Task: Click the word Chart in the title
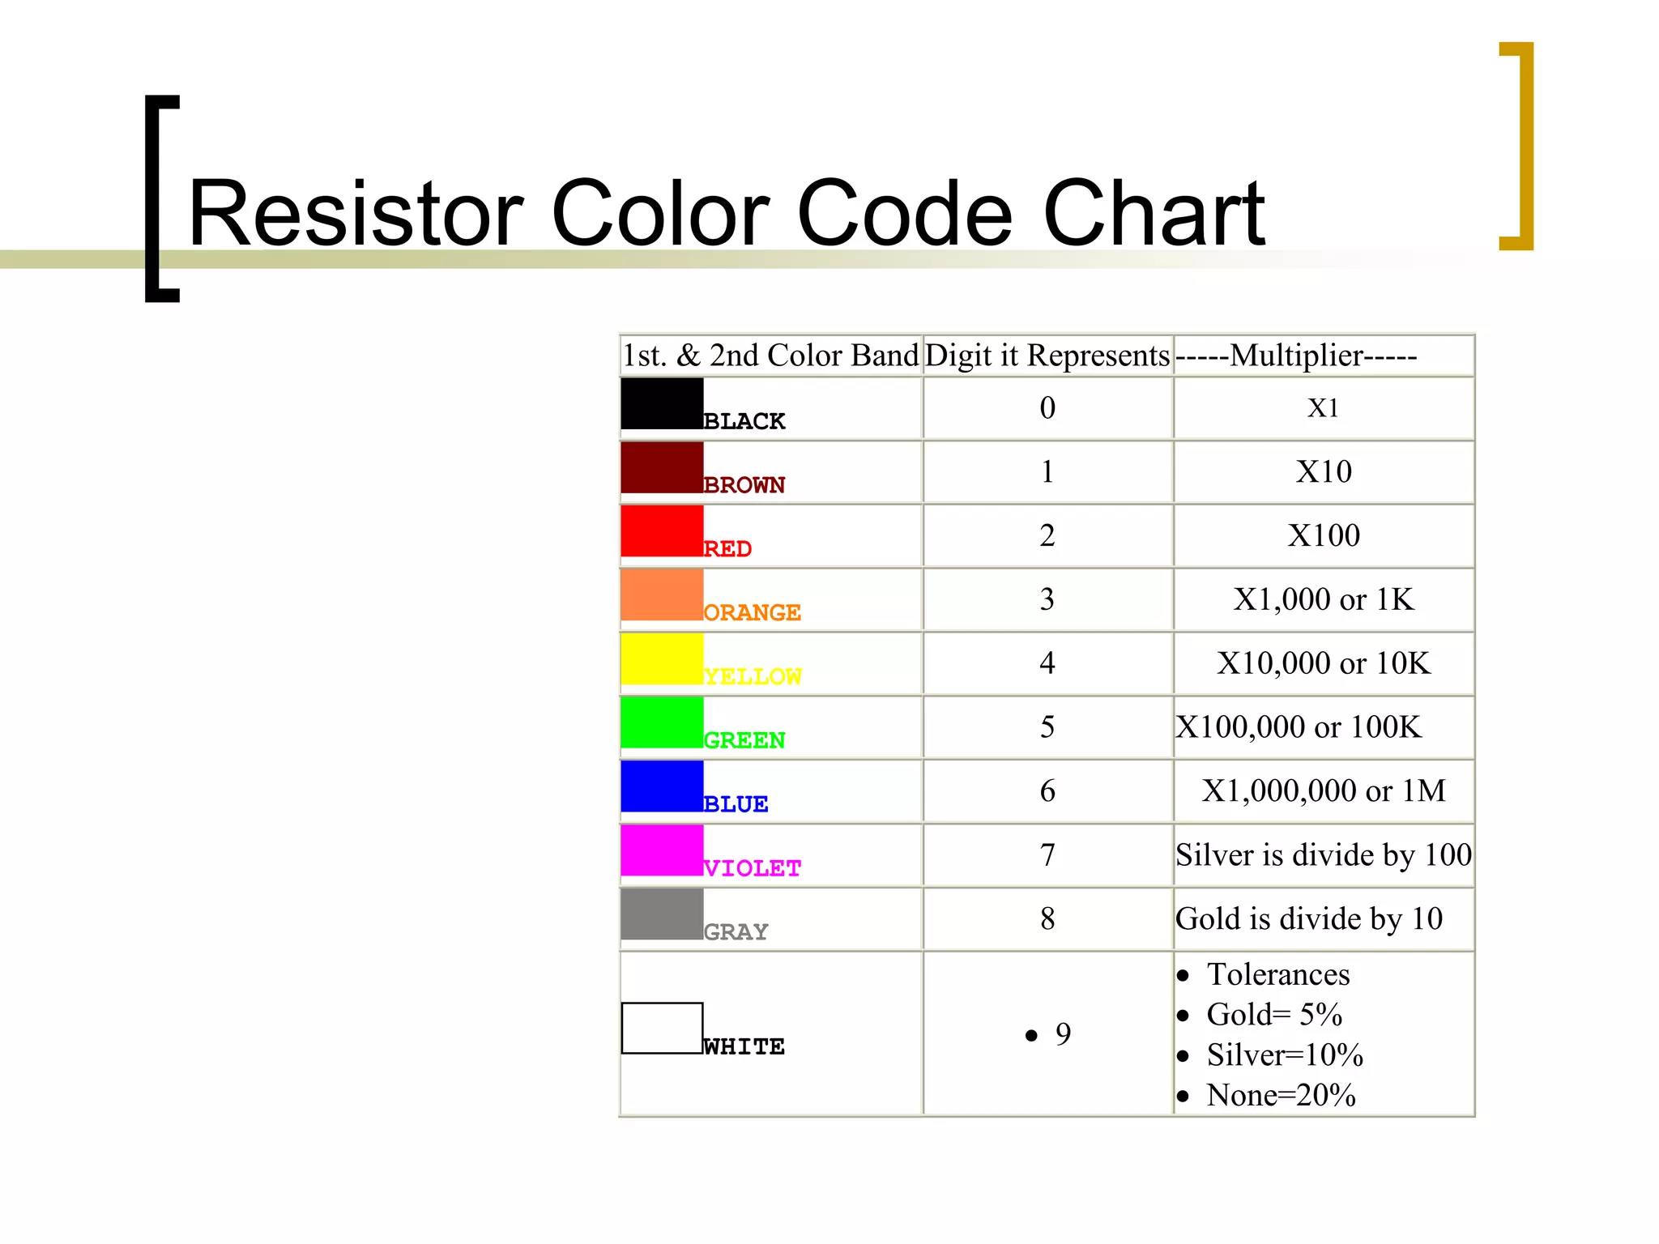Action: tap(1154, 213)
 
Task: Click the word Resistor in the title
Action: tap(356, 213)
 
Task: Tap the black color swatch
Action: tap(661, 403)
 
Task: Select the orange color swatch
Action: tap(661, 594)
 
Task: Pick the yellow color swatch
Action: tap(661, 658)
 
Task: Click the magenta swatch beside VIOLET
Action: tap(661, 850)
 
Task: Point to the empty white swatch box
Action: tap(661, 1028)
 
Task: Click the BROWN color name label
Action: tap(744, 485)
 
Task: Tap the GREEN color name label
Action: tap(744, 740)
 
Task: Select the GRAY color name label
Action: tap(736, 932)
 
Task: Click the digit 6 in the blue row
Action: tap(1047, 790)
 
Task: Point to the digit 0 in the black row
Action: tap(1047, 407)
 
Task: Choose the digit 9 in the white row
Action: tap(1063, 1033)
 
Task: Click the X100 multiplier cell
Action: tap(1324, 535)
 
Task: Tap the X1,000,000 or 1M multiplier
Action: tap(1324, 790)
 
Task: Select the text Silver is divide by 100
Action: tap(1324, 854)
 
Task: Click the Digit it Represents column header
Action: tap(1047, 356)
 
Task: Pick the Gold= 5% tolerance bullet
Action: tap(1273, 1014)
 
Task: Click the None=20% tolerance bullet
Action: tap(1280, 1095)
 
